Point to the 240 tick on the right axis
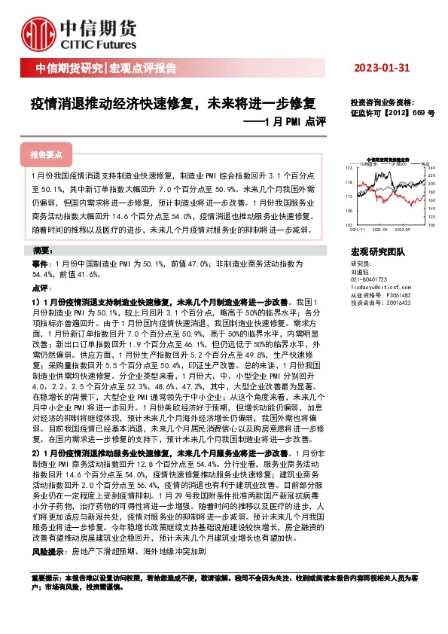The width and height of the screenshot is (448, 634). click(x=431, y=167)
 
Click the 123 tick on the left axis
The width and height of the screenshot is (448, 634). click(x=348, y=167)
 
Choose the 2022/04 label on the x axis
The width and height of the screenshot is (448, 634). click(x=381, y=230)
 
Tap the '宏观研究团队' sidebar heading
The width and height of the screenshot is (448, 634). click(x=378, y=252)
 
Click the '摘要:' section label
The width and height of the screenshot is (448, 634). click(x=42, y=250)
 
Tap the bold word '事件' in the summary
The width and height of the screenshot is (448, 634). click(x=38, y=265)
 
